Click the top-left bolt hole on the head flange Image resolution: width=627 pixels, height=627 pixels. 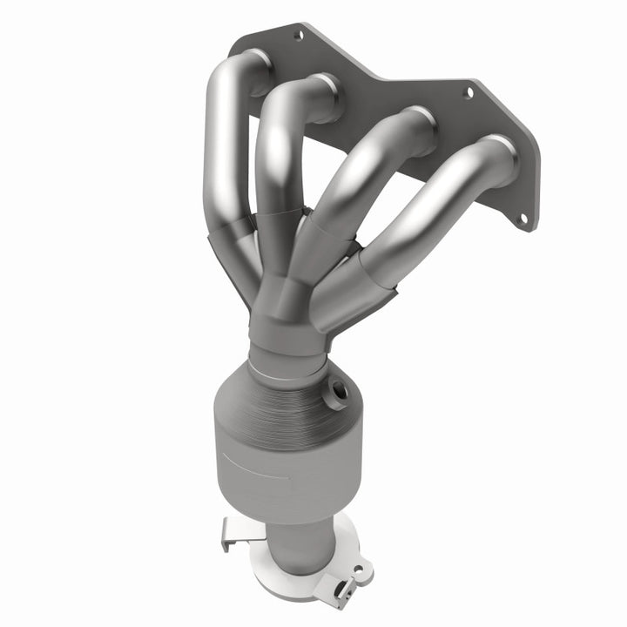(299, 37)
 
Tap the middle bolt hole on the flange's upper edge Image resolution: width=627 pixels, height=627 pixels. (468, 91)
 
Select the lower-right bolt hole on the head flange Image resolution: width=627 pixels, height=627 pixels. (524, 220)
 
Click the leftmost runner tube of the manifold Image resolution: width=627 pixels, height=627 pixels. (219, 148)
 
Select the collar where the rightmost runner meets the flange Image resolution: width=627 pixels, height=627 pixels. (500, 157)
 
